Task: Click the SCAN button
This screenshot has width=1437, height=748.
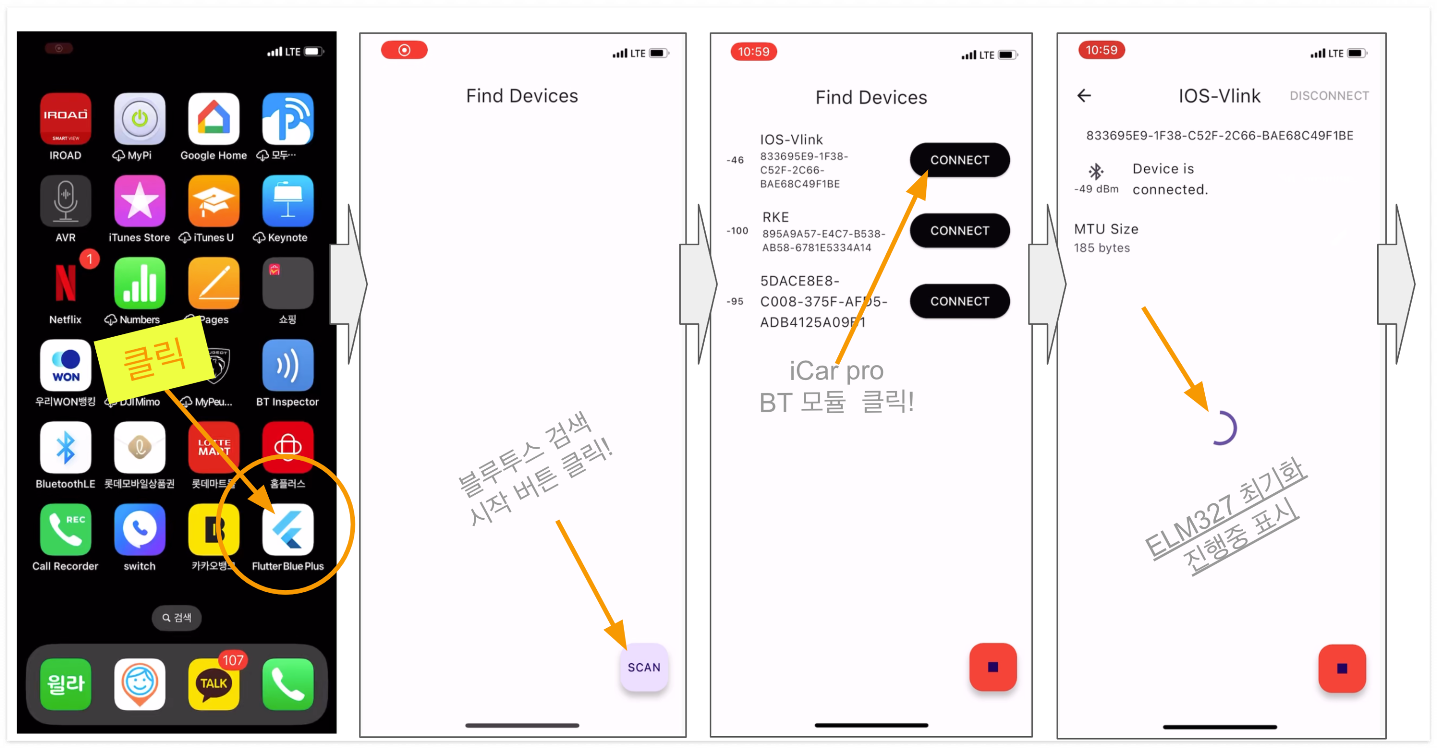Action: click(644, 667)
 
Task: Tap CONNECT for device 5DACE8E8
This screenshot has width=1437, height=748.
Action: click(959, 301)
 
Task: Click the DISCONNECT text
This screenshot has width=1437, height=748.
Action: click(1329, 96)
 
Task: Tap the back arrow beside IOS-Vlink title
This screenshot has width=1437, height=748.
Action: click(1083, 96)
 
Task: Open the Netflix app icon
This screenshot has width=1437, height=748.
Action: click(65, 283)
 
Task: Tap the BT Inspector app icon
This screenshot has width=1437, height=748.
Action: click(287, 365)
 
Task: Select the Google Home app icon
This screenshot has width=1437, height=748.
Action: click(213, 119)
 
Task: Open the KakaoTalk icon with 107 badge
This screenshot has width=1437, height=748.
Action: click(213, 683)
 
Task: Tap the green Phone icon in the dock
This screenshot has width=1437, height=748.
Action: click(287, 683)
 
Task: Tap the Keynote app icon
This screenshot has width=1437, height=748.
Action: click(287, 201)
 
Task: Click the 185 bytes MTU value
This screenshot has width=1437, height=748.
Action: click(1102, 248)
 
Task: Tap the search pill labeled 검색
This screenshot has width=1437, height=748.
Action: click(176, 617)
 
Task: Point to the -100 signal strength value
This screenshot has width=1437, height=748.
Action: click(737, 231)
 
